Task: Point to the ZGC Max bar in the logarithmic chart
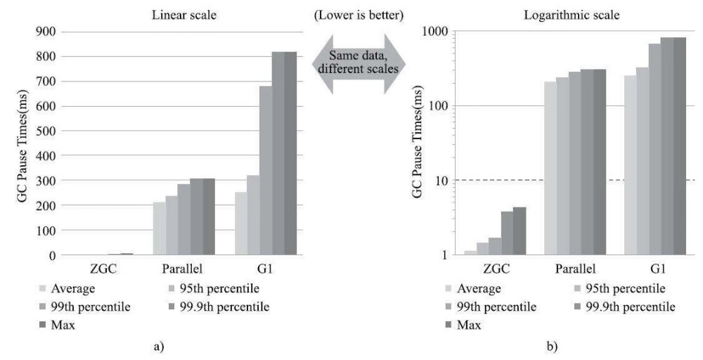pos(519,231)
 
